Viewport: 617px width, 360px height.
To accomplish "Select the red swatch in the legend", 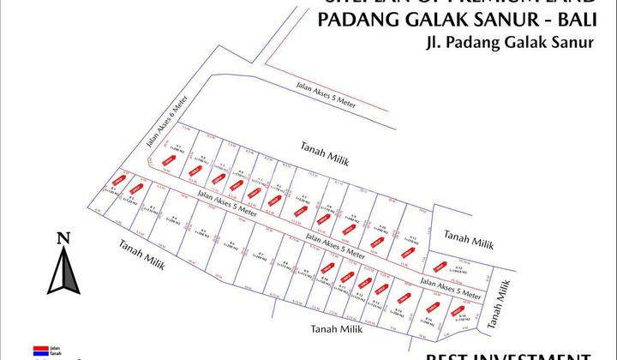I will [x=39, y=348].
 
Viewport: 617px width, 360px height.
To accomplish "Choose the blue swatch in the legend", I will [x=39, y=353].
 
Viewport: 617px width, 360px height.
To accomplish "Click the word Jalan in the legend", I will [x=54, y=348].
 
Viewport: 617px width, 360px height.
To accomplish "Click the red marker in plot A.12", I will [x=440, y=266].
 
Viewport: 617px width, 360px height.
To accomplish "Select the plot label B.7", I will [x=261, y=254].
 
